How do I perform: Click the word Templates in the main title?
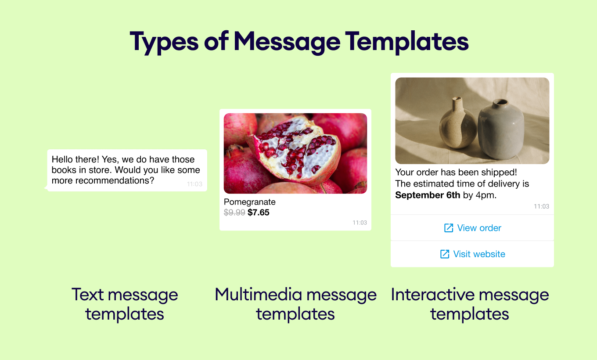pos(406,42)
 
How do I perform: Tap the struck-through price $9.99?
pos(234,212)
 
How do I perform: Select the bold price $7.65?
pos(258,212)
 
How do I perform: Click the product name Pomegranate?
pos(249,202)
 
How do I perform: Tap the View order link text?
pos(479,228)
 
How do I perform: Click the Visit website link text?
pos(479,254)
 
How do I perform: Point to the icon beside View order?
pos(449,228)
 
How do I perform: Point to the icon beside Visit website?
pos(445,254)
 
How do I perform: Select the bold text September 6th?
pos(428,195)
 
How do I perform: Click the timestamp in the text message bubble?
pos(194,184)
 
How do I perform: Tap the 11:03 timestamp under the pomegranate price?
pos(360,223)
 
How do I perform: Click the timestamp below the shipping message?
pos(541,206)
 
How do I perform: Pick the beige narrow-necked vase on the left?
pos(457,123)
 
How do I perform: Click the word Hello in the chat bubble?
pos(62,159)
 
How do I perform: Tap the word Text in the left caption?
pos(88,295)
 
